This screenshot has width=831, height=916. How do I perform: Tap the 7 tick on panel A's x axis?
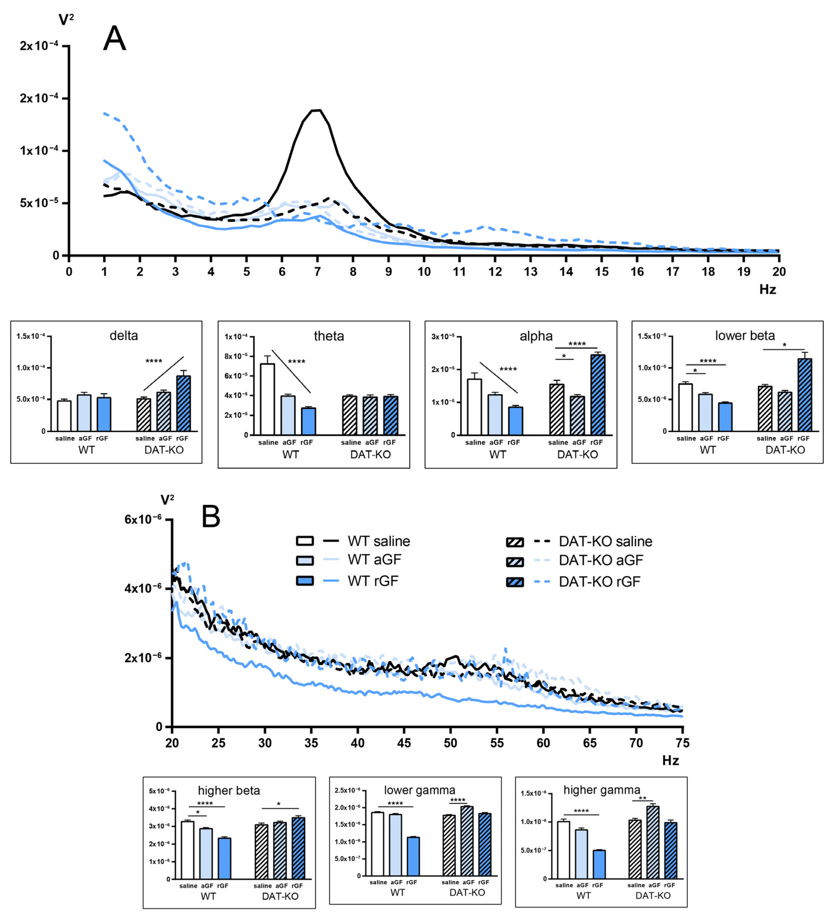click(317, 272)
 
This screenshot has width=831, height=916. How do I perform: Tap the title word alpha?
click(536, 336)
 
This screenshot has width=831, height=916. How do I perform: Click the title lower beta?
click(745, 336)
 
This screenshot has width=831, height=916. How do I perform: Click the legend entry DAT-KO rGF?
click(599, 581)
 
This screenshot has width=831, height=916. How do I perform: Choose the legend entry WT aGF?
click(374, 560)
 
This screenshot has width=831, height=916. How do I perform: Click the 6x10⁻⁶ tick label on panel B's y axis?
click(143, 519)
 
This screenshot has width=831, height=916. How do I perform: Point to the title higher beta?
click(229, 791)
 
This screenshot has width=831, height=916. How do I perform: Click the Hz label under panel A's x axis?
click(767, 289)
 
